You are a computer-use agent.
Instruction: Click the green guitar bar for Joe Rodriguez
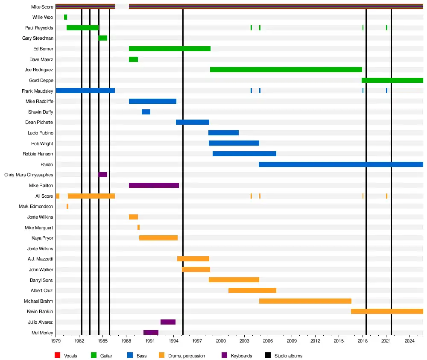tap(286, 70)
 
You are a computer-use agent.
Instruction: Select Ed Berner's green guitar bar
tap(170, 49)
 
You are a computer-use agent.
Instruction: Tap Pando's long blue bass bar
tap(341, 164)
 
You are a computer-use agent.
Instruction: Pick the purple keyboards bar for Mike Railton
tap(154, 185)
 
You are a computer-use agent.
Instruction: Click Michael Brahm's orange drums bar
tap(305, 301)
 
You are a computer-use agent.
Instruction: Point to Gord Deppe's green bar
tap(392, 80)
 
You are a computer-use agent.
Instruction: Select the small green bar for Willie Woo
tap(65, 17)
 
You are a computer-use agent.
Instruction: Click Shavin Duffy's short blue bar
tap(146, 112)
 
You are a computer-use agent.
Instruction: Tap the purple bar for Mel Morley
tap(151, 333)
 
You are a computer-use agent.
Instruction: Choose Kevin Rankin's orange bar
tap(387, 311)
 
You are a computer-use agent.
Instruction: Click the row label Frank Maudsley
tap(38, 91)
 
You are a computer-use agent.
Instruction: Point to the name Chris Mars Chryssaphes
tap(29, 175)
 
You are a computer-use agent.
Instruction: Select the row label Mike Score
tap(42, 7)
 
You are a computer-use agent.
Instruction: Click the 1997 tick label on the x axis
tap(197, 342)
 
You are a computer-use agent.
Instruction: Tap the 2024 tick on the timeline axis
tap(409, 342)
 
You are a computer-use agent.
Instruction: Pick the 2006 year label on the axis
tap(268, 342)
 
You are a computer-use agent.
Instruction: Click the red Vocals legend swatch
tap(58, 355)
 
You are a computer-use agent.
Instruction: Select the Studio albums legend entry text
tap(288, 356)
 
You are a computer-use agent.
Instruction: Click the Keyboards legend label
tap(241, 356)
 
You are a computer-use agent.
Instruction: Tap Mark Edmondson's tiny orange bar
tap(67, 206)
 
